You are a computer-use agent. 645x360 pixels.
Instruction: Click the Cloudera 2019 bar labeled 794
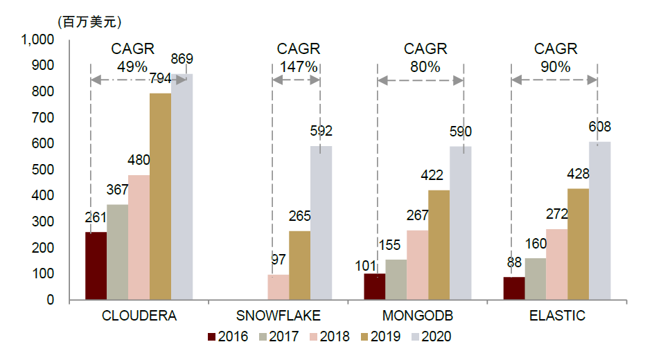(160, 197)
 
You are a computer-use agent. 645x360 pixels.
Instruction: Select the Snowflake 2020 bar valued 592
(321, 223)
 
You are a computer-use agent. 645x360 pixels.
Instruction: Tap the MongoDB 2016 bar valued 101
(375, 287)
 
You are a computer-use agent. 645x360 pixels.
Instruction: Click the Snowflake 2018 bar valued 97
(278, 287)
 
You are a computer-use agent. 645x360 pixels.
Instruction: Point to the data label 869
(182, 59)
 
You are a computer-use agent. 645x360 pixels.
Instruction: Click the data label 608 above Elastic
(599, 127)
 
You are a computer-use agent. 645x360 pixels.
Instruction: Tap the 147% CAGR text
(299, 67)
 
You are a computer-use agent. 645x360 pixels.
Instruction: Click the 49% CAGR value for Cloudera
(132, 67)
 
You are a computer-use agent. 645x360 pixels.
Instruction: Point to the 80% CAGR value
(425, 67)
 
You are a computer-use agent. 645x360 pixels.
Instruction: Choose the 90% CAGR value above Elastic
(555, 67)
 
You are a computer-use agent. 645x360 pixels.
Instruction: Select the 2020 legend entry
(431, 336)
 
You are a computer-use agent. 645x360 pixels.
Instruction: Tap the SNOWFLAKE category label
(278, 316)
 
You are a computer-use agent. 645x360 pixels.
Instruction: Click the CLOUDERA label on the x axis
(139, 316)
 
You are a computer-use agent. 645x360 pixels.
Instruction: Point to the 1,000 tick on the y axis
(38, 40)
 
